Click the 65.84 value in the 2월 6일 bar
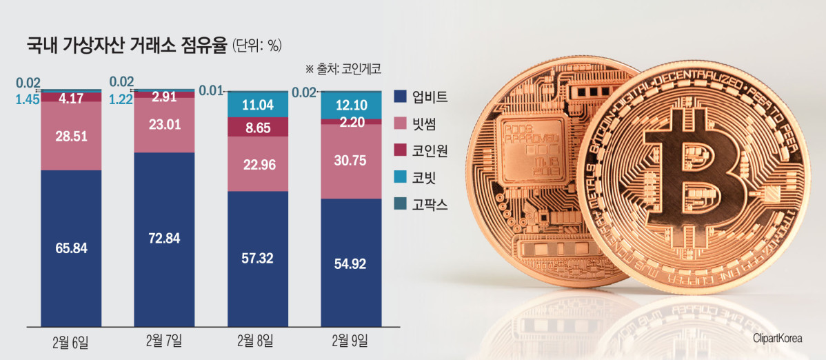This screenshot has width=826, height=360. (71, 248)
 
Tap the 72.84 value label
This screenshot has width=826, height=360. (164, 239)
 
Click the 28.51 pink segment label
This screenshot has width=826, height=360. (71, 136)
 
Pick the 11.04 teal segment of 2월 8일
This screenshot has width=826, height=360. (258, 106)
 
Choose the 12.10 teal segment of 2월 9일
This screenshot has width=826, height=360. (352, 107)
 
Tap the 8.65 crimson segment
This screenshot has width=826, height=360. (258, 127)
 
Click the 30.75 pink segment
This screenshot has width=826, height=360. (352, 161)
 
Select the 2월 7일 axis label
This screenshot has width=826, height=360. (164, 341)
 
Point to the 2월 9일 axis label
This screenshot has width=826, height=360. (351, 341)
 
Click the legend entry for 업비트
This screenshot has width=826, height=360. (421, 96)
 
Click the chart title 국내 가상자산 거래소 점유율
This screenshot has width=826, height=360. (127, 46)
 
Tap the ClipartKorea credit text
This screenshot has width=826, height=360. (778, 337)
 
